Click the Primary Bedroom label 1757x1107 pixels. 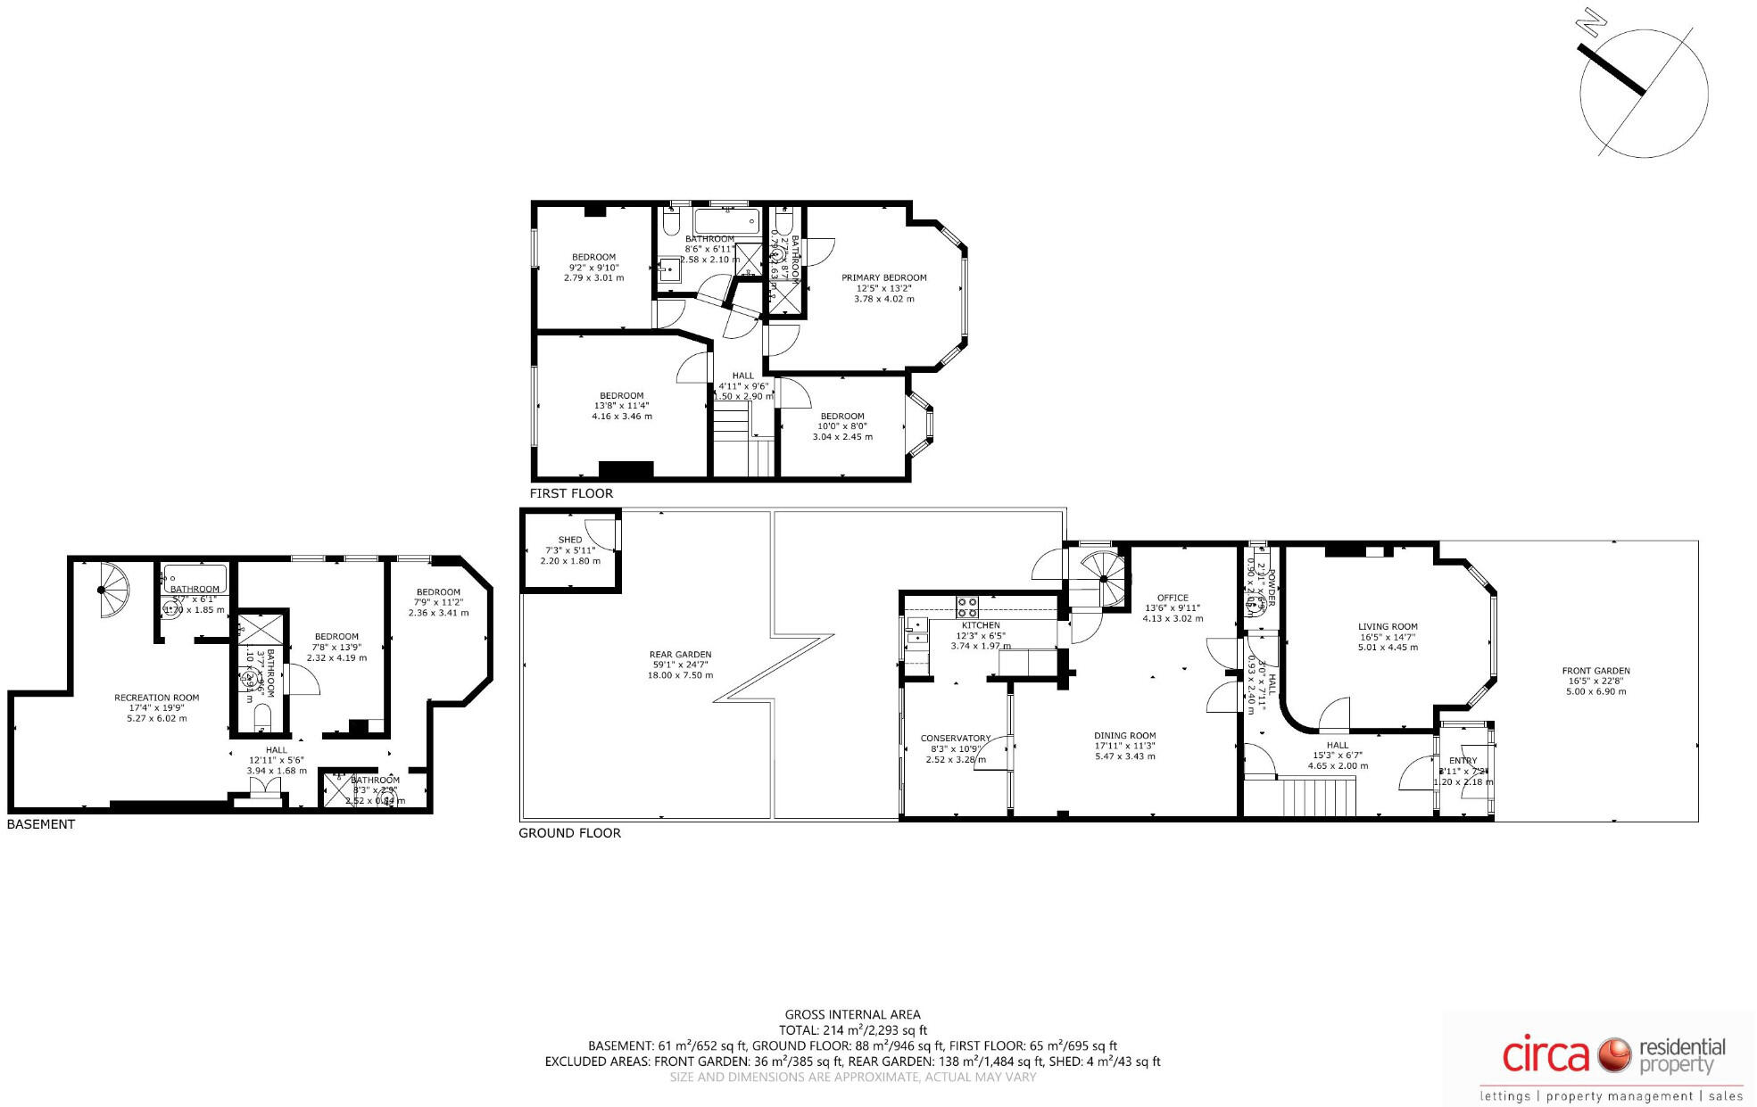(x=883, y=277)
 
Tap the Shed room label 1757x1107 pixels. (x=569, y=540)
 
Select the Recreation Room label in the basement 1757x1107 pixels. (x=156, y=698)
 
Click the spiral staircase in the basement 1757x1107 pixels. (x=112, y=589)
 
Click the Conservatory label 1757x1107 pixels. (x=955, y=739)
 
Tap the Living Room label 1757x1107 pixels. (x=1388, y=627)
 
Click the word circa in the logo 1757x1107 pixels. (x=1546, y=1056)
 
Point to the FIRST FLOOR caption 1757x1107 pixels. (x=571, y=493)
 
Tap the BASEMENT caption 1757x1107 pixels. (x=41, y=824)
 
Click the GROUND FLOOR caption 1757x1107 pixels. (x=569, y=833)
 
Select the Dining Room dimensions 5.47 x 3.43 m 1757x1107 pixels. (x=1124, y=756)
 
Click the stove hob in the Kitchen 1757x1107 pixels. (x=966, y=607)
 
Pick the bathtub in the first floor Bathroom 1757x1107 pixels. (x=727, y=221)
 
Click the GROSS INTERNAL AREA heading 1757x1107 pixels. (x=852, y=1014)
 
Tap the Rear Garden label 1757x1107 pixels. (x=680, y=655)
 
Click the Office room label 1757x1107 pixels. (x=1173, y=598)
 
